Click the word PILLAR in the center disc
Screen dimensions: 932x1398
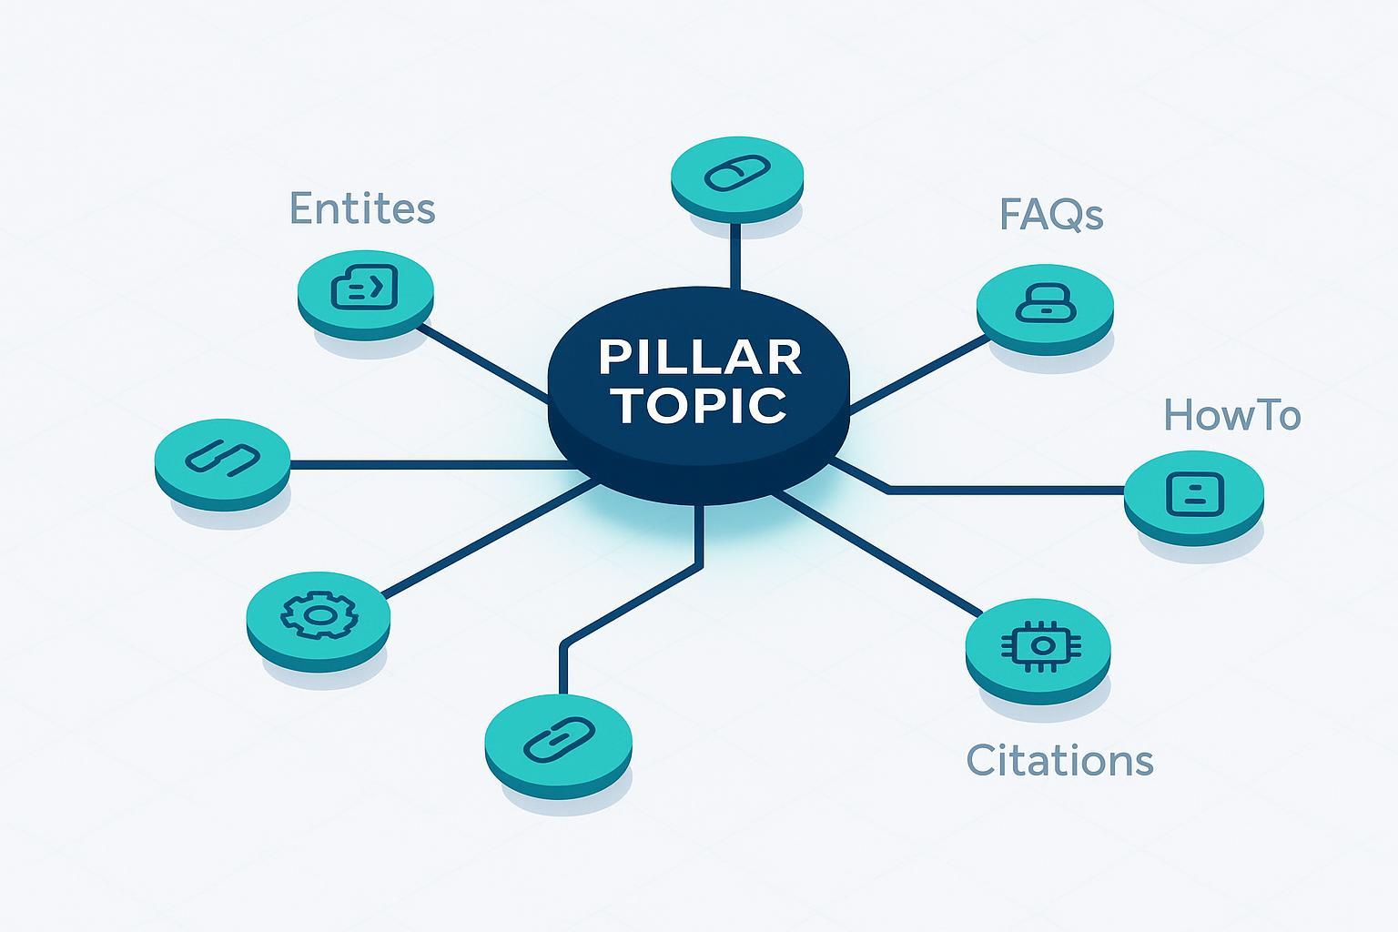(699, 357)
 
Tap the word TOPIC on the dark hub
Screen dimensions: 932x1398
(699, 406)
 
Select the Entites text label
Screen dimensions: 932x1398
(362, 208)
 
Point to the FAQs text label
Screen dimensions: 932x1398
(1051, 215)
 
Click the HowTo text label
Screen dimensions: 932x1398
(1232, 416)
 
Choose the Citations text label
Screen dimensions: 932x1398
(1059, 760)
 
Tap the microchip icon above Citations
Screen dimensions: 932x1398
(1039, 645)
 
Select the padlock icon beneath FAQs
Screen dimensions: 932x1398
(1045, 301)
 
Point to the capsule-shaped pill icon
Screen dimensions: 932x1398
(737, 173)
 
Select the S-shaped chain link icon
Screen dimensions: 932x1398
(223, 455)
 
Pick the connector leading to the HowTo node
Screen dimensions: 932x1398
(1001, 491)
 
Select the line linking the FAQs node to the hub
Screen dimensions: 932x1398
(919, 373)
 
